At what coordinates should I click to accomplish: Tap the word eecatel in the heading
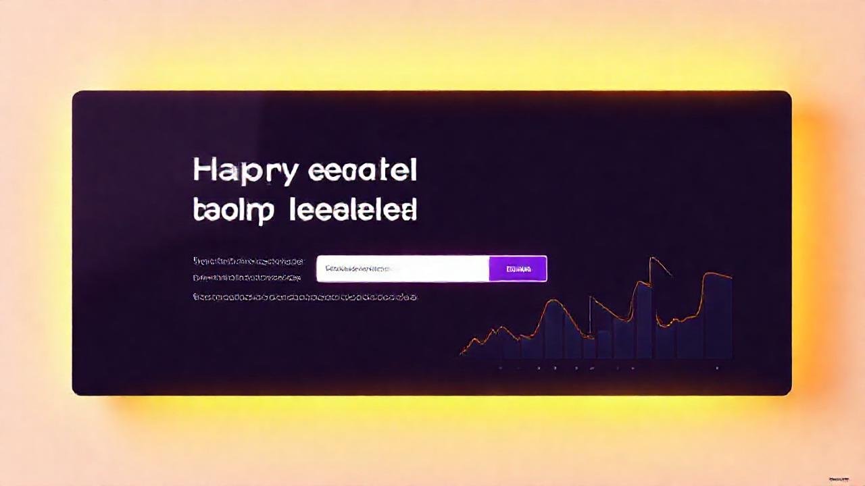point(362,171)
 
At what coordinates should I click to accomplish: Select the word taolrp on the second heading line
point(233,211)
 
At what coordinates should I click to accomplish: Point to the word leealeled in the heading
point(353,211)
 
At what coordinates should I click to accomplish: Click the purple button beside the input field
point(518,269)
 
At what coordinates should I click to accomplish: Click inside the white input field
point(439,269)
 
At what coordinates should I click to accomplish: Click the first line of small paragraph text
point(249,261)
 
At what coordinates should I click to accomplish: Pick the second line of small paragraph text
point(247,277)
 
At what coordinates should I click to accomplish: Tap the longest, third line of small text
point(305,297)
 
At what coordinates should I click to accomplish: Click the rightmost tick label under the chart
point(717,369)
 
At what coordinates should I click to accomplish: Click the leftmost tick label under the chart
point(500,369)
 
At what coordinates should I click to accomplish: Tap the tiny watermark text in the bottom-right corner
point(839,480)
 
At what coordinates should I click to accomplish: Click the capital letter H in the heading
point(203,171)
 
